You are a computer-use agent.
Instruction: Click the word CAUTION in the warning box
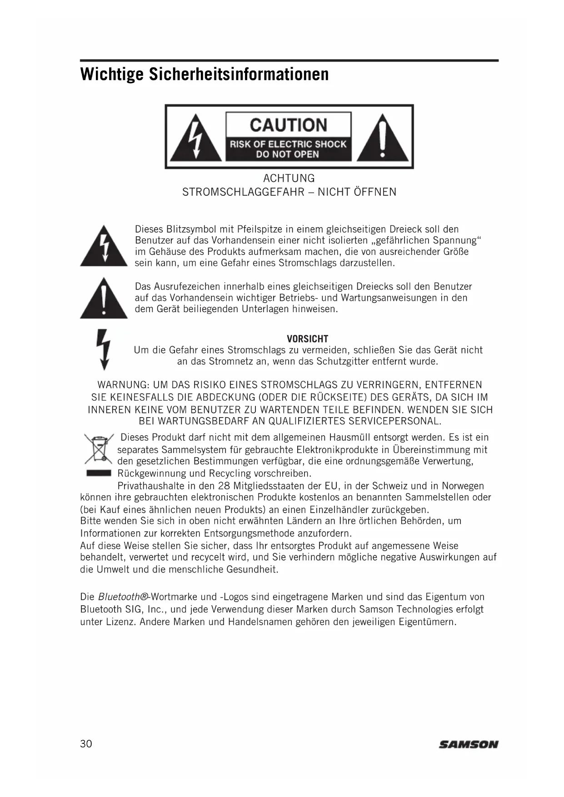pos(289,125)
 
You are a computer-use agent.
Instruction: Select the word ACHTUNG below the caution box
pos(289,178)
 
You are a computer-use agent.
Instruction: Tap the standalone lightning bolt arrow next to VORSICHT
pos(104,349)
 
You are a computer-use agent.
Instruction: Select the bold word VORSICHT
pos(307,339)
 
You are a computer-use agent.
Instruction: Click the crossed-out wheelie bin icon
pos(99,448)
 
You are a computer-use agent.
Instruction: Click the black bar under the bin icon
pos(99,473)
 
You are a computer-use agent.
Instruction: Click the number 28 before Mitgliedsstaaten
pos(224,486)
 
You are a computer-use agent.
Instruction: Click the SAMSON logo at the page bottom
pos(468,744)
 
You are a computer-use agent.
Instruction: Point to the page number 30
pos(86,744)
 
